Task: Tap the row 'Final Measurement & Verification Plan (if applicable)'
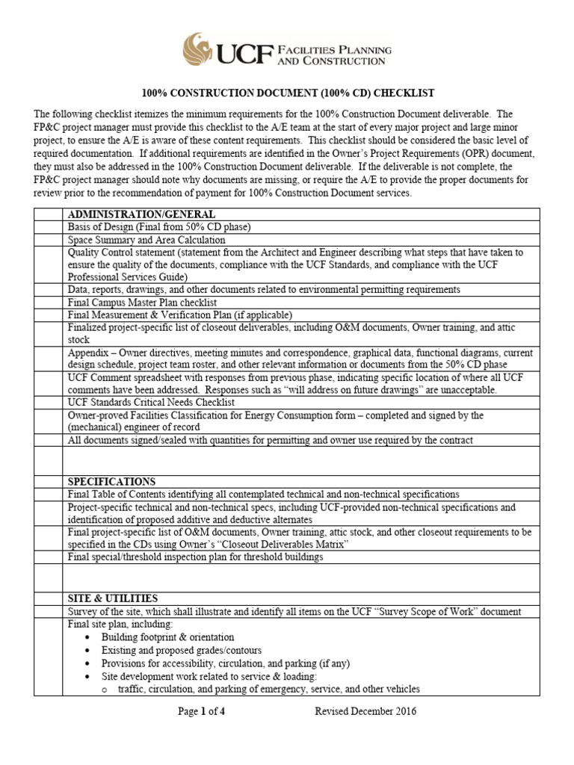[180, 315]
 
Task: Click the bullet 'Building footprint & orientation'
[168, 637]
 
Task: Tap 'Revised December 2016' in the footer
[365, 711]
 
